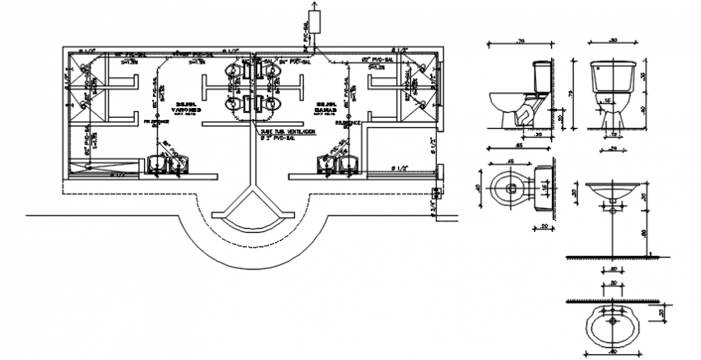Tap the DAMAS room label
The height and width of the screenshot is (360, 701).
pyautogui.click(x=326, y=108)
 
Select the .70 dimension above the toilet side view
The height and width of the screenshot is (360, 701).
pyautogui.click(x=521, y=39)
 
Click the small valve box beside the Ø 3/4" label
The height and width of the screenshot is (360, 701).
pyautogui.click(x=437, y=192)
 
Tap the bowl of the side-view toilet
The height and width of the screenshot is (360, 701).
pyautogui.click(x=508, y=105)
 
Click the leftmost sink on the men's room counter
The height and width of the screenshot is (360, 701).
pyautogui.click(x=155, y=165)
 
